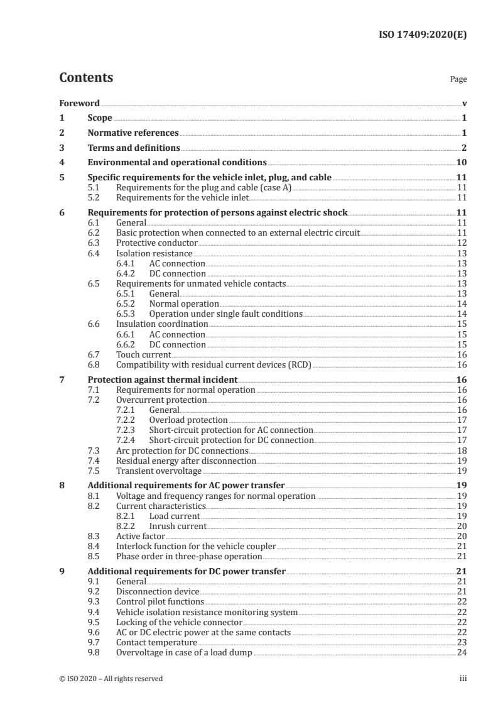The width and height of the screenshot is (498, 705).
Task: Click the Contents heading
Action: coord(86,78)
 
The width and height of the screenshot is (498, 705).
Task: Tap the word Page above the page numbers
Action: coord(458,80)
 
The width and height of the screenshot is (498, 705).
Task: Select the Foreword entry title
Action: coord(80,103)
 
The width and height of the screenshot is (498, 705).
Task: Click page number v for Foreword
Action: coord(464,103)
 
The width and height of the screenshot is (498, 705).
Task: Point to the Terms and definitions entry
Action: coord(134,148)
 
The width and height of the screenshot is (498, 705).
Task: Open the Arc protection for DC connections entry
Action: coord(174,451)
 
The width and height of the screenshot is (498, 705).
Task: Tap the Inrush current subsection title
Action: coord(178,526)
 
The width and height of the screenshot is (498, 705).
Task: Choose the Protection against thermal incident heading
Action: coord(162,380)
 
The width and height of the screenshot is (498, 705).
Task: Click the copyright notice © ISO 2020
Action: coord(111,679)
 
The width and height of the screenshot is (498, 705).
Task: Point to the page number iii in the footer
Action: coord(463,679)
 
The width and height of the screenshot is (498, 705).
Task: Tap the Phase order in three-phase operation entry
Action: coord(189,557)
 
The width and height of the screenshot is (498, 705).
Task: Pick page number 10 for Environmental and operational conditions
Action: coord(461,163)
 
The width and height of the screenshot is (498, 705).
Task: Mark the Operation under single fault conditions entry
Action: coord(225,314)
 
